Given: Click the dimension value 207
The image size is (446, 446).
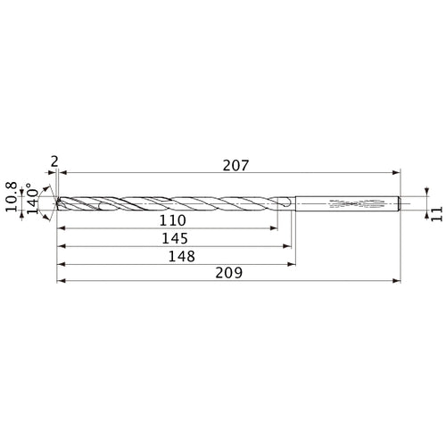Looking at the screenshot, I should pos(235,165).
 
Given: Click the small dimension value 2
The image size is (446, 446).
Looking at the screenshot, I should pos(54,161).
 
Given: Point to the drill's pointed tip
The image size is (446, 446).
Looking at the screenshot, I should pos(57,203).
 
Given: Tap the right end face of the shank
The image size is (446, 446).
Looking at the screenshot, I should pos(400,203).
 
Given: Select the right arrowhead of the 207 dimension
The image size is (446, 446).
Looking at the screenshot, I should pos(396,173).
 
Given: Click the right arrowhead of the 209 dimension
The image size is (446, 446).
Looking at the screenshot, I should pos(396,282).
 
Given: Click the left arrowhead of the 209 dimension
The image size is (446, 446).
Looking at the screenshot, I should pos(60,282).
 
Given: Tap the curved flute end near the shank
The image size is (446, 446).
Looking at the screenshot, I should pos(284,203).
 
